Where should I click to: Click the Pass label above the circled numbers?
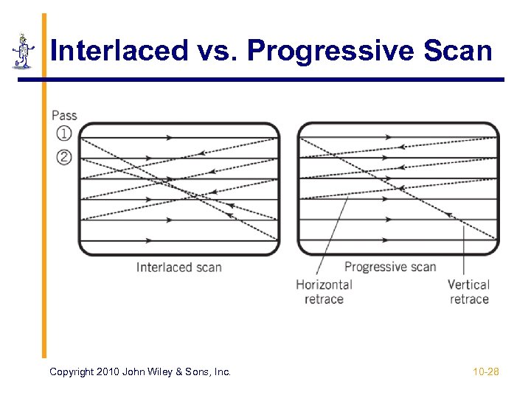[x=64, y=115]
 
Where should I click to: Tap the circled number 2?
[x=64, y=156]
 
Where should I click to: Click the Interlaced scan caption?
[x=178, y=268]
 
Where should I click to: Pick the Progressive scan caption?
[x=390, y=267]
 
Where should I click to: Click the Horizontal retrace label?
[x=324, y=291]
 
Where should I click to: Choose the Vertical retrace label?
[x=469, y=291]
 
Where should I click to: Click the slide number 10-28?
[x=486, y=372]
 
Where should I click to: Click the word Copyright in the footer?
[x=72, y=372]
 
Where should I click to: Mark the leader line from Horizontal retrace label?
[x=333, y=236]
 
